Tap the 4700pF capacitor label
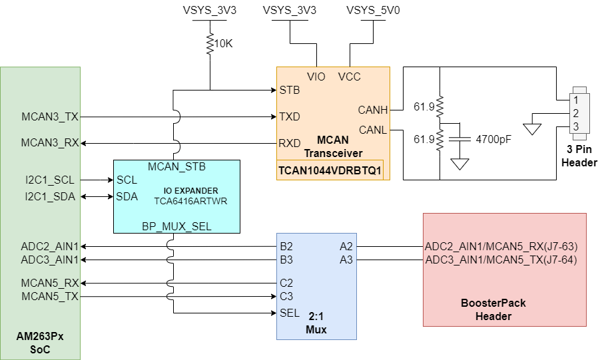click(x=493, y=140)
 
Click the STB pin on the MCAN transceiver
click(x=290, y=90)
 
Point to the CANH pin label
click(x=372, y=109)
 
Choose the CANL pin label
click(x=372, y=129)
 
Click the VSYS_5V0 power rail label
click(x=370, y=11)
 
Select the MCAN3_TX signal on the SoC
click(x=50, y=117)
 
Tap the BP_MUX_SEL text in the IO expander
click(x=176, y=226)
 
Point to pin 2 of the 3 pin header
click(x=575, y=113)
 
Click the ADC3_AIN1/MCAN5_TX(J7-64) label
click(x=501, y=260)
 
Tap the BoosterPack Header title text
click(x=493, y=309)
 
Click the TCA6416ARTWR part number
click(x=191, y=200)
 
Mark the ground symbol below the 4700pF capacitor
click(x=458, y=164)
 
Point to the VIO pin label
click(x=316, y=77)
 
